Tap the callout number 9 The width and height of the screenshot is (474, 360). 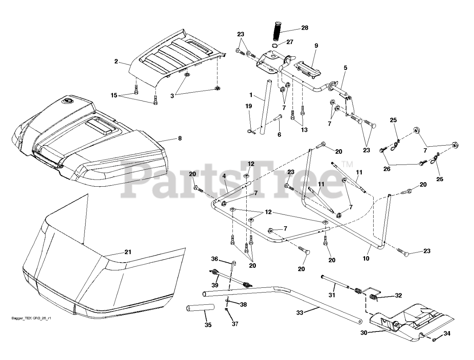[316, 46]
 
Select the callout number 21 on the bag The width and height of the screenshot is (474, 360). [128, 252]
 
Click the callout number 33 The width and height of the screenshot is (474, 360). [300, 313]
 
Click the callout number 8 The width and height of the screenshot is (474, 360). [180, 139]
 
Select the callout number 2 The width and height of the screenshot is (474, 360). [116, 61]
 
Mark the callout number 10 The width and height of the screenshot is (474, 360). [366, 259]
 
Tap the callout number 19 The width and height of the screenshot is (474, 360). [248, 106]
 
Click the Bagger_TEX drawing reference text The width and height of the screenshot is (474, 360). [31, 318]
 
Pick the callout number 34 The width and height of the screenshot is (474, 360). [447, 333]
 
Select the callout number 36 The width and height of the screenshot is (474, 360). [215, 259]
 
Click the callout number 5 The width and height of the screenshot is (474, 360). [346, 68]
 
